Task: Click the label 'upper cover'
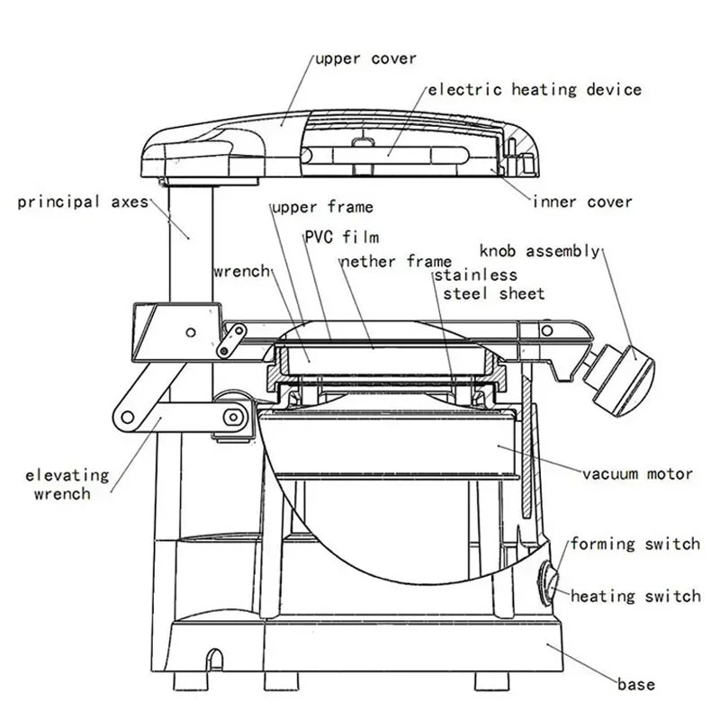coord(365,59)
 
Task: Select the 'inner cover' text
coord(582,202)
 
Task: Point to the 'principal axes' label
coord(82,202)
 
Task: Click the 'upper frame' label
coord(322,208)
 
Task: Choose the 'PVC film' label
coord(341,237)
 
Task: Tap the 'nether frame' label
coord(395,262)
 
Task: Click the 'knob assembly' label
coord(539,251)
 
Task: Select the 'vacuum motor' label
coord(637,473)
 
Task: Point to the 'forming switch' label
coord(634,544)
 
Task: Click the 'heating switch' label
coord(634,596)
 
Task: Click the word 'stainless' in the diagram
coord(476,275)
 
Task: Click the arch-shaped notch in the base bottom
coord(214,657)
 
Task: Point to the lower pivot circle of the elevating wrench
coord(235,417)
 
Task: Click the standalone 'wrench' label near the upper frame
coord(240,271)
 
